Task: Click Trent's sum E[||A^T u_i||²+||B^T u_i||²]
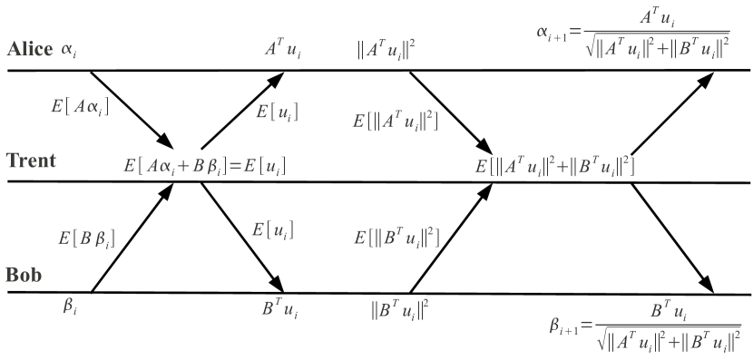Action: click(x=554, y=166)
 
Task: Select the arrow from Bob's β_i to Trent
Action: click(x=132, y=238)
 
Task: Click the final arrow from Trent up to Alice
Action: click(x=672, y=114)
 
